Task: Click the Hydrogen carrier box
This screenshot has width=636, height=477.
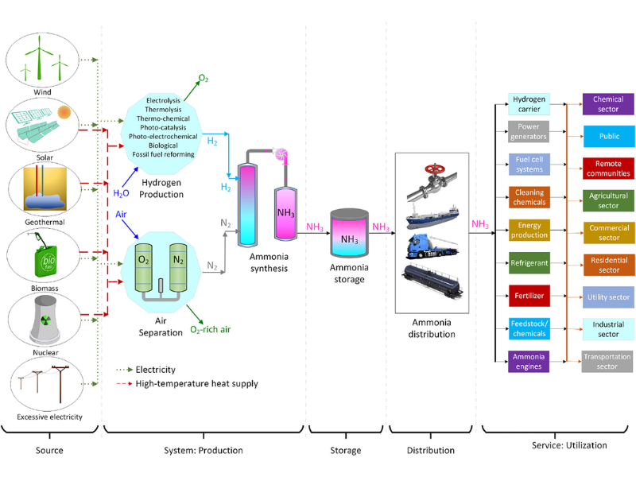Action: pyautogui.click(x=529, y=103)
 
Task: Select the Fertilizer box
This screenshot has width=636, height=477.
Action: pyautogui.click(x=529, y=295)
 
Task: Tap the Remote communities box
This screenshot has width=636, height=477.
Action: pyautogui.click(x=608, y=168)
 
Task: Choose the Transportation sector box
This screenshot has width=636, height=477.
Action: pyautogui.click(x=608, y=361)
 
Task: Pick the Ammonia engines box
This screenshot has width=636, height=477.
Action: pyautogui.click(x=529, y=361)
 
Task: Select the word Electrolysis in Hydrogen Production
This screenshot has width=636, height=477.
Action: pyautogui.click(x=164, y=100)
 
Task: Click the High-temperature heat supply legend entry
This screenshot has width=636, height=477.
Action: pyautogui.click(x=187, y=383)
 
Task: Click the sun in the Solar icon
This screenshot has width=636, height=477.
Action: pyautogui.click(x=64, y=111)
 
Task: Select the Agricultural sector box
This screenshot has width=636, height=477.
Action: pyautogui.click(x=608, y=200)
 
